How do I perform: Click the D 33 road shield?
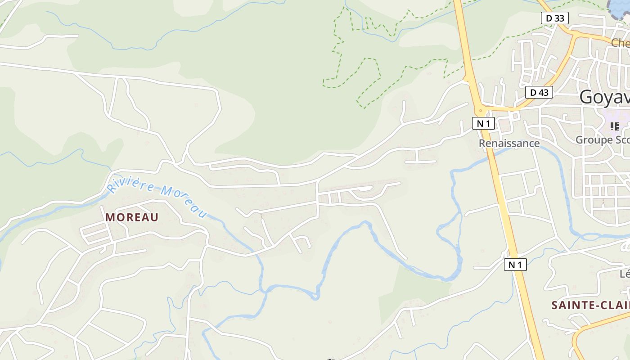[x=555, y=18]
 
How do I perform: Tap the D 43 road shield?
[x=539, y=92]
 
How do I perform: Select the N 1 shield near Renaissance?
[x=483, y=123]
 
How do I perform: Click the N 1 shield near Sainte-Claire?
[x=515, y=265]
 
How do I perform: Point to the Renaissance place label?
[x=509, y=143]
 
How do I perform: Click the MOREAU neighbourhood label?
[x=132, y=217]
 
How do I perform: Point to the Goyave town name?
[x=604, y=97]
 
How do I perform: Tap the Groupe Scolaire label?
[x=603, y=140]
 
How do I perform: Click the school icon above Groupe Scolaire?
[x=615, y=126]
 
